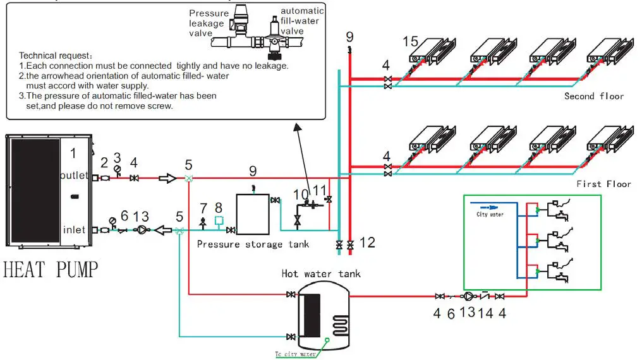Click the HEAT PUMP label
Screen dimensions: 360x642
tap(51, 270)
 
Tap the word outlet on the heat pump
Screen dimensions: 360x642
tap(75, 175)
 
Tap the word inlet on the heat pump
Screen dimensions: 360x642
tap(74, 229)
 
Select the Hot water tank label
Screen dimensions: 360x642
tap(321, 273)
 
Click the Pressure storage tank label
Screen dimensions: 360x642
tap(253, 244)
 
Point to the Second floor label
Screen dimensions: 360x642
tap(594, 96)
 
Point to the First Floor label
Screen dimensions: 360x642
tap(603, 184)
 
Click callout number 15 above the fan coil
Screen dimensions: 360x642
tap(411, 42)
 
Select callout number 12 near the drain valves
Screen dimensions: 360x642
tap(367, 242)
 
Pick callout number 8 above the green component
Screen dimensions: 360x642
tap(219, 207)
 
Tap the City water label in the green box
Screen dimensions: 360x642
tap(490, 214)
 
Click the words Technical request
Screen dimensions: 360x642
tap(56, 56)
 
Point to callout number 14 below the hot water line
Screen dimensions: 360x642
tap(484, 313)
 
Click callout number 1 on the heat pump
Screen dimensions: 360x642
tap(73, 153)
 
